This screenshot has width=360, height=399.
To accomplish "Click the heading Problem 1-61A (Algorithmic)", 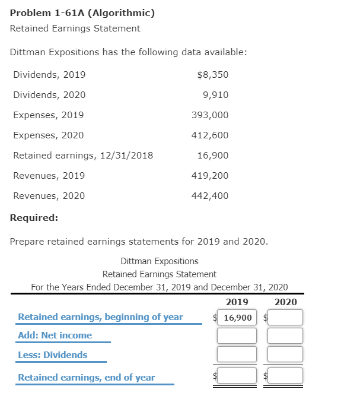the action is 82,13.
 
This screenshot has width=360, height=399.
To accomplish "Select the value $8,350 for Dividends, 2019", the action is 212,75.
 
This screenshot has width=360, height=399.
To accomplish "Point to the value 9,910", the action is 215,95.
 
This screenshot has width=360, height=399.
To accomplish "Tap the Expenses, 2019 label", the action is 49,115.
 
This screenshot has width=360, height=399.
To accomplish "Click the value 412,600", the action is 210,135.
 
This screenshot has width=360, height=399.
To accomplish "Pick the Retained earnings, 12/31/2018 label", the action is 83,156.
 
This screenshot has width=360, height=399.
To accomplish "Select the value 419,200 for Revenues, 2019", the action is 210,176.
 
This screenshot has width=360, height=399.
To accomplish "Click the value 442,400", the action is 210,196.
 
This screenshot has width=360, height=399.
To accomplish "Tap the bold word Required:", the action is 34,217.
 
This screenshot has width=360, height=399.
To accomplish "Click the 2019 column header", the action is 237,302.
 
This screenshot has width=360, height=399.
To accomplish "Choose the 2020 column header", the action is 286,302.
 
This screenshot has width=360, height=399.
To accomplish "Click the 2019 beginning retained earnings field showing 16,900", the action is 237,318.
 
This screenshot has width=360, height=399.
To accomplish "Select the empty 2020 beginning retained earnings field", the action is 286,318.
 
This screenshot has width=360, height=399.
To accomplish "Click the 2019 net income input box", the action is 237,336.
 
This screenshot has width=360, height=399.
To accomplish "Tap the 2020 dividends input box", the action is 286,355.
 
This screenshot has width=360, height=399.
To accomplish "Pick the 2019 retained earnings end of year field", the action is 237,375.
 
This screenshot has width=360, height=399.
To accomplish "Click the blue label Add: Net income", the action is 55,335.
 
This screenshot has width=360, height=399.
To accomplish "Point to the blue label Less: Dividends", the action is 53,355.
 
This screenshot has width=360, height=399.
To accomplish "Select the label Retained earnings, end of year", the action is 87,378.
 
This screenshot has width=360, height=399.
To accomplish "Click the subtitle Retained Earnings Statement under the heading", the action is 75,28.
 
